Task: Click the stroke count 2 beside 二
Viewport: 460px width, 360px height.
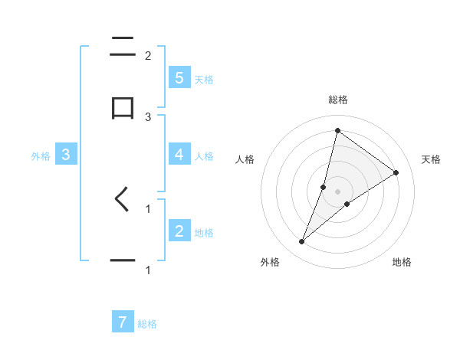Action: [x=148, y=55]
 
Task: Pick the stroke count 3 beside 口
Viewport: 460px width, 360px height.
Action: [x=148, y=116]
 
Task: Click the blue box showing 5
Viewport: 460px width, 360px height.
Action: [x=179, y=77]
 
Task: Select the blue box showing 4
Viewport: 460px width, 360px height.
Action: [x=179, y=154]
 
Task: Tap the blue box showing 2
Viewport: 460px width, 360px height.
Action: [x=179, y=231]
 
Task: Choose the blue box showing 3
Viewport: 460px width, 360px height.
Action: [x=66, y=154]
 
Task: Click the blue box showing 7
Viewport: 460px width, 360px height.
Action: [x=122, y=322]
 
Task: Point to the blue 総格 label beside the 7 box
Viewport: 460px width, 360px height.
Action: [x=147, y=324]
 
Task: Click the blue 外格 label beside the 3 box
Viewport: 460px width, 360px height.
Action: [x=41, y=155]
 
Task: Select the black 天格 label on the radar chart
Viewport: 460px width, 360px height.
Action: [x=431, y=159]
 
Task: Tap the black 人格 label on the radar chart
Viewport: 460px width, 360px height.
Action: [x=245, y=159]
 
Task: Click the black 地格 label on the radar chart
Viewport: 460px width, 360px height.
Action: [x=402, y=262]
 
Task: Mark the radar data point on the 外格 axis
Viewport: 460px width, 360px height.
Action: [x=302, y=242]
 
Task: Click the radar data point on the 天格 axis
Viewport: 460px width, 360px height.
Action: [x=396, y=172]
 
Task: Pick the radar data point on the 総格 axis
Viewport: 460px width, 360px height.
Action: [x=337, y=130]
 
